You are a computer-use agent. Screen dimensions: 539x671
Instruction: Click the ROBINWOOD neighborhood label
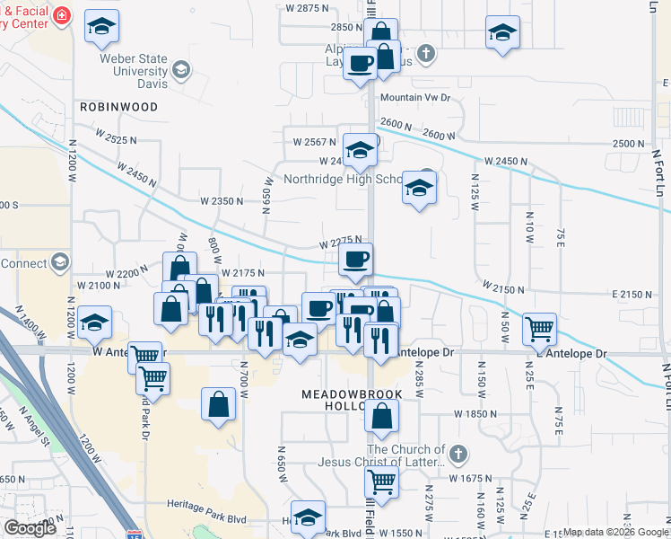[118, 107]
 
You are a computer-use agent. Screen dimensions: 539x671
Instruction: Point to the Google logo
[30, 528]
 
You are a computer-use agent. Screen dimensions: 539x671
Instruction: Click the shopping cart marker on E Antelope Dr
[539, 330]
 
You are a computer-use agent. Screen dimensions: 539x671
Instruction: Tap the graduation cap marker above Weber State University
[101, 30]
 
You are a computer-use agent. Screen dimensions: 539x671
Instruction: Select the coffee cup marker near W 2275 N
[356, 261]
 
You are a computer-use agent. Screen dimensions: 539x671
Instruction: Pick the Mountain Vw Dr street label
[414, 98]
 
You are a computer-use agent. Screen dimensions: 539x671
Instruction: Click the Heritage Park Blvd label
[212, 519]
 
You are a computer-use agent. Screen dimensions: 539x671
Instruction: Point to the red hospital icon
[61, 16]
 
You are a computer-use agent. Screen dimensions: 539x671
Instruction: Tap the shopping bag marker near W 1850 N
[382, 416]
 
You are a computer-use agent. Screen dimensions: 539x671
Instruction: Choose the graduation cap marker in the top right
[502, 33]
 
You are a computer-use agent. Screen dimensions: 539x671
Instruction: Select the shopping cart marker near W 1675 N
[382, 482]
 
